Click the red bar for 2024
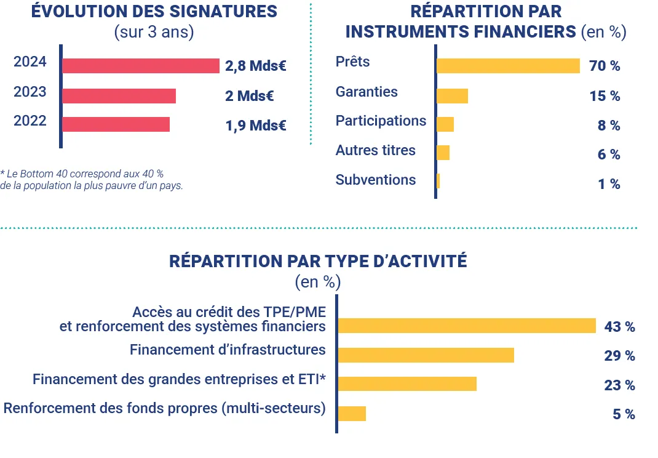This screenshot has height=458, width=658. pyautogui.click(x=141, y=66)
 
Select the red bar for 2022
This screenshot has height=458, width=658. pyautogui.click(x=116, y=124)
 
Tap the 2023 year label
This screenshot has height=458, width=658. pyautogui.click(x=30, y=92)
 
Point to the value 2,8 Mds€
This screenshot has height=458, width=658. pyautogui.click(x=256, y=66)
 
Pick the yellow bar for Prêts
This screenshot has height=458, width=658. pyautogui.click(x=508, y=66)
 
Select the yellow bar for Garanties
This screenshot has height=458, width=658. pyautogui.click(x=452, y=96)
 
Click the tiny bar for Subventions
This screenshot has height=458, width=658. pyautogui.click(x=438, y=181)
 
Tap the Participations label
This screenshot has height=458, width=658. pyautogui.click(x=381, y=121)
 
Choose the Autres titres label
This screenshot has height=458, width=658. pyautogui.click(x=375, y=151)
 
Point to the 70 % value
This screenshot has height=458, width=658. pyautogui.click(x=604, y=66)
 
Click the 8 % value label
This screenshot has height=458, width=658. pyautogui.click(x=608, y=126)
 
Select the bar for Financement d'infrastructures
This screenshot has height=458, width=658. pyautogui.click(x=426, y=355)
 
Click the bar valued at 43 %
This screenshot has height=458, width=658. pyautogui.click(x=467, y=326)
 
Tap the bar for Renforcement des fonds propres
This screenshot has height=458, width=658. pyautogui.click(x=352, y=414)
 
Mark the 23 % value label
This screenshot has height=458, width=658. pyautogui.click(x=619, y=385)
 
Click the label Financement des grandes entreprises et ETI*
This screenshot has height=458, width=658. pyautogui.click(x=179, y=379)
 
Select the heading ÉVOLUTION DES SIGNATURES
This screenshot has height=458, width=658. pyautogui.click(x=154, y=12)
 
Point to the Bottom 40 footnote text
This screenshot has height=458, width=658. pyautogui.click(x=92, y=179)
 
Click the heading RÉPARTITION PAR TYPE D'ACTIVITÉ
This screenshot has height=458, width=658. pyautogui.click(x=318, y=261)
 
